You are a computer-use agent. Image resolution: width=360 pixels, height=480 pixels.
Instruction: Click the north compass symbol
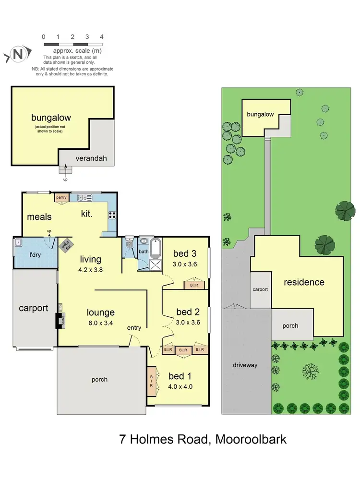[x=18, y=55]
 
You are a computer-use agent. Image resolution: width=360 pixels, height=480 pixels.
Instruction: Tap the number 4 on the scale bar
[x=101, y=36]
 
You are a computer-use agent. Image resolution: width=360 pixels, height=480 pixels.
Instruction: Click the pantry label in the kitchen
[x=61, y=197]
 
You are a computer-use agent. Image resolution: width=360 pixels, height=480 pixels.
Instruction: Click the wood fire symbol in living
[x=65, y=246]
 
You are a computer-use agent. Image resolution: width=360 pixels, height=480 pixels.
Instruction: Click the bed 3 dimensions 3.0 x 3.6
[x=185, y=264]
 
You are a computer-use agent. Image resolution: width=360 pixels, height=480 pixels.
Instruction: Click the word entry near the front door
[x=134, y=328]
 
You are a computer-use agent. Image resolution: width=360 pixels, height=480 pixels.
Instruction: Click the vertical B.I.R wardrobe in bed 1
[x=152, y=381]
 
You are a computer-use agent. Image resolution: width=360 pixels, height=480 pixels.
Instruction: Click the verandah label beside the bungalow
[x=91, y=159]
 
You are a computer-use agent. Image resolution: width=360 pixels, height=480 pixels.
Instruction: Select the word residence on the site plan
[x=304, y=282]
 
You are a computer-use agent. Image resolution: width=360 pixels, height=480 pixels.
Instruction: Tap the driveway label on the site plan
[x=245, y=365]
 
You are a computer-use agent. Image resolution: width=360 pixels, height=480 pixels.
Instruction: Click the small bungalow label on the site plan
[x=260, y=115]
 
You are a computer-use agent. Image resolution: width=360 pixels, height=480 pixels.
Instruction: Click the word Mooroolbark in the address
[x=251, y=439]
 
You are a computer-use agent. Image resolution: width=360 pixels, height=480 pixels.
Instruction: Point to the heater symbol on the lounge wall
[x=60, y=320]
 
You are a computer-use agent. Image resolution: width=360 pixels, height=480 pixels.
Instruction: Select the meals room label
[x=39, y=217]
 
